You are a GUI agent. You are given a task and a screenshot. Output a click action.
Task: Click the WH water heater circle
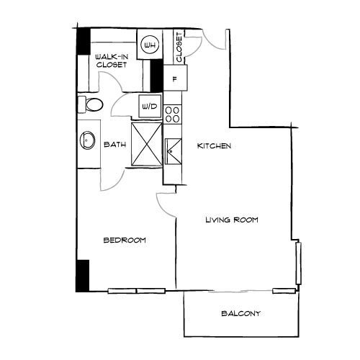[x=150, y=45]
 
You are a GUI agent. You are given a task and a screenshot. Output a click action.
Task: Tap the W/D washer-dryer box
[x=150, y=107]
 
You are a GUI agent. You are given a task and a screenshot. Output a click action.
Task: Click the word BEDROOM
[x=125, y=240]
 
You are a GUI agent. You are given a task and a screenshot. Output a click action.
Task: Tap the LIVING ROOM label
[x=231, y=220]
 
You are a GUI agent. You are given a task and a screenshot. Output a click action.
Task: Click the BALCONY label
[x=240, y=314]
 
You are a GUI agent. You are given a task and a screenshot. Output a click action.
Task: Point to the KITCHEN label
[x=214, y=146]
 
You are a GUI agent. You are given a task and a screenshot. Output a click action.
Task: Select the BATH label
[x=115, y=145]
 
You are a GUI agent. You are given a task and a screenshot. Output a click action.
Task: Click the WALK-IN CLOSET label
[x=111, y=60]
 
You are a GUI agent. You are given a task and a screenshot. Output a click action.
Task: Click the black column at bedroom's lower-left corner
[x=82, y=275]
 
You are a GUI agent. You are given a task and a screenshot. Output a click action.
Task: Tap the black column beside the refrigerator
[x=155, y=75]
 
